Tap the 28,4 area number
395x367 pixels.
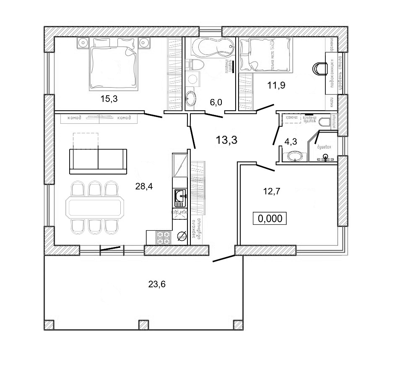click(x=144, y=186)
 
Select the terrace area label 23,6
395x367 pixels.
click(x=157, y=284)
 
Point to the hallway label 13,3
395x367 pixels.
click(x=227, y=140)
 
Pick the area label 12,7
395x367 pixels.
click(x=271, y=192)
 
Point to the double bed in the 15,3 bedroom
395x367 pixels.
click(x=114, y=65)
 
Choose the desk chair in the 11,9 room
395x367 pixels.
click(x=321, y=69)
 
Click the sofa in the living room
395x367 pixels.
click(x=98, y=161)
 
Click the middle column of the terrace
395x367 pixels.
click(x=143, y=325)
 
